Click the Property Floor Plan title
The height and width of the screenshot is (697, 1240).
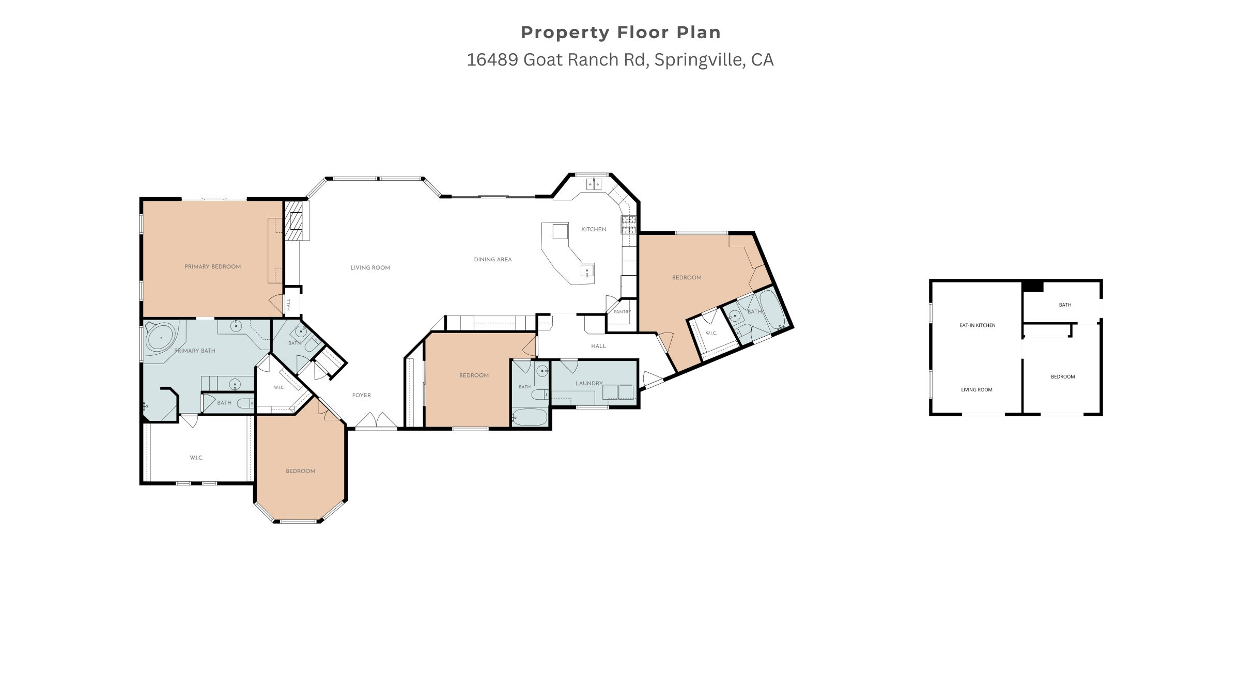tap(621, 33)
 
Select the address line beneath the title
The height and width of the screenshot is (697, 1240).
tap(620, 60)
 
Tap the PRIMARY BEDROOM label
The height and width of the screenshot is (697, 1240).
tap(213, 267)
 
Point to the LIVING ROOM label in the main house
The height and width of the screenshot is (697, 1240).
tap(370, 267)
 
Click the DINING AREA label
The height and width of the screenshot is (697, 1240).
tap(493, 260)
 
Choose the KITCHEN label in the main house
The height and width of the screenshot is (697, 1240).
tap(594, 229)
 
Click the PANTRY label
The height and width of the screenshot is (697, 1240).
tap(623, 312)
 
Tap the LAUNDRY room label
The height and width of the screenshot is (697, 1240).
tap(589, 383)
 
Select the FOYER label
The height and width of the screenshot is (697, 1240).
tap(362, 395)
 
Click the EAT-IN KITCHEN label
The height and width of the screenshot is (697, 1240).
tap(978, 325)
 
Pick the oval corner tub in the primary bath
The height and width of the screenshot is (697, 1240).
tap(161, 338)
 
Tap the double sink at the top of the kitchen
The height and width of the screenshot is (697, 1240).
tap(594, 184)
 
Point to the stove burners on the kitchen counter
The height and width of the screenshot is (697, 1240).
tap(628, 225)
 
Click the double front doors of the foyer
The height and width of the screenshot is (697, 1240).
tap(377, 420)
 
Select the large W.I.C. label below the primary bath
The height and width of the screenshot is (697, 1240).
tap(196, 458)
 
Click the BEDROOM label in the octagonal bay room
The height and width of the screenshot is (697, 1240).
tap(301, 471)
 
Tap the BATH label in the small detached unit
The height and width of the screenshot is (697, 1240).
tap(1065, 305)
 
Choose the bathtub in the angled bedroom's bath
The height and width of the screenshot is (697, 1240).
tap(772, 311)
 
